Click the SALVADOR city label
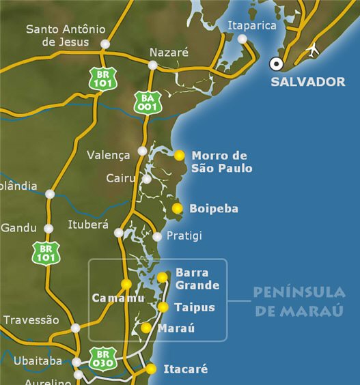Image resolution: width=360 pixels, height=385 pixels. pyautogui.click(x=307, y=82)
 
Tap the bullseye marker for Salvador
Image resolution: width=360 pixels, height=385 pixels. pyautogui.click(x=277, y=63)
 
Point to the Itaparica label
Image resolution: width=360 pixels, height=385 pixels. pyautogui.click(x=252, y=25)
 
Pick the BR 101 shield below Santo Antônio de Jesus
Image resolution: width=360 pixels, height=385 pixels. pyautogui.click(x=103, y=78)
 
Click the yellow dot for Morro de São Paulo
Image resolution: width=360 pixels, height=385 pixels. pyautogui.click(x=180, y=156)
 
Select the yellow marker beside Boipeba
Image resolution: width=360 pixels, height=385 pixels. pyautogui.click(x=178, y=208)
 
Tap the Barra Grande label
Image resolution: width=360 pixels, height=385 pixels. pyautogui.click(x=197, y=279)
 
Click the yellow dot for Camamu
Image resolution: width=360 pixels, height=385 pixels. pyautogui.click(x=126, y=284)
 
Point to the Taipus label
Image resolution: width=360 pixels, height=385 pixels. pyautogui.click(x=194, y=307)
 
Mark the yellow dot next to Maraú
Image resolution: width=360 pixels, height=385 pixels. pyautogui.click(x=146, y=328)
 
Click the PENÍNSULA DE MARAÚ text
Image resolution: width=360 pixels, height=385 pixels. pyautogui.click(x=299, y=302)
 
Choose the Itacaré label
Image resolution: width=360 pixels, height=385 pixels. pyautogui.click(x=185, y=369)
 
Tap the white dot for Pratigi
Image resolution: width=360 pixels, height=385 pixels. pyautogui.click(x=157, y=237)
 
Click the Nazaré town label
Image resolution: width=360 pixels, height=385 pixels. pyautogui.click(x=169, y=52)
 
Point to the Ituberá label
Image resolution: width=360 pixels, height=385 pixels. pyautogui.click(x=88, y=225)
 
